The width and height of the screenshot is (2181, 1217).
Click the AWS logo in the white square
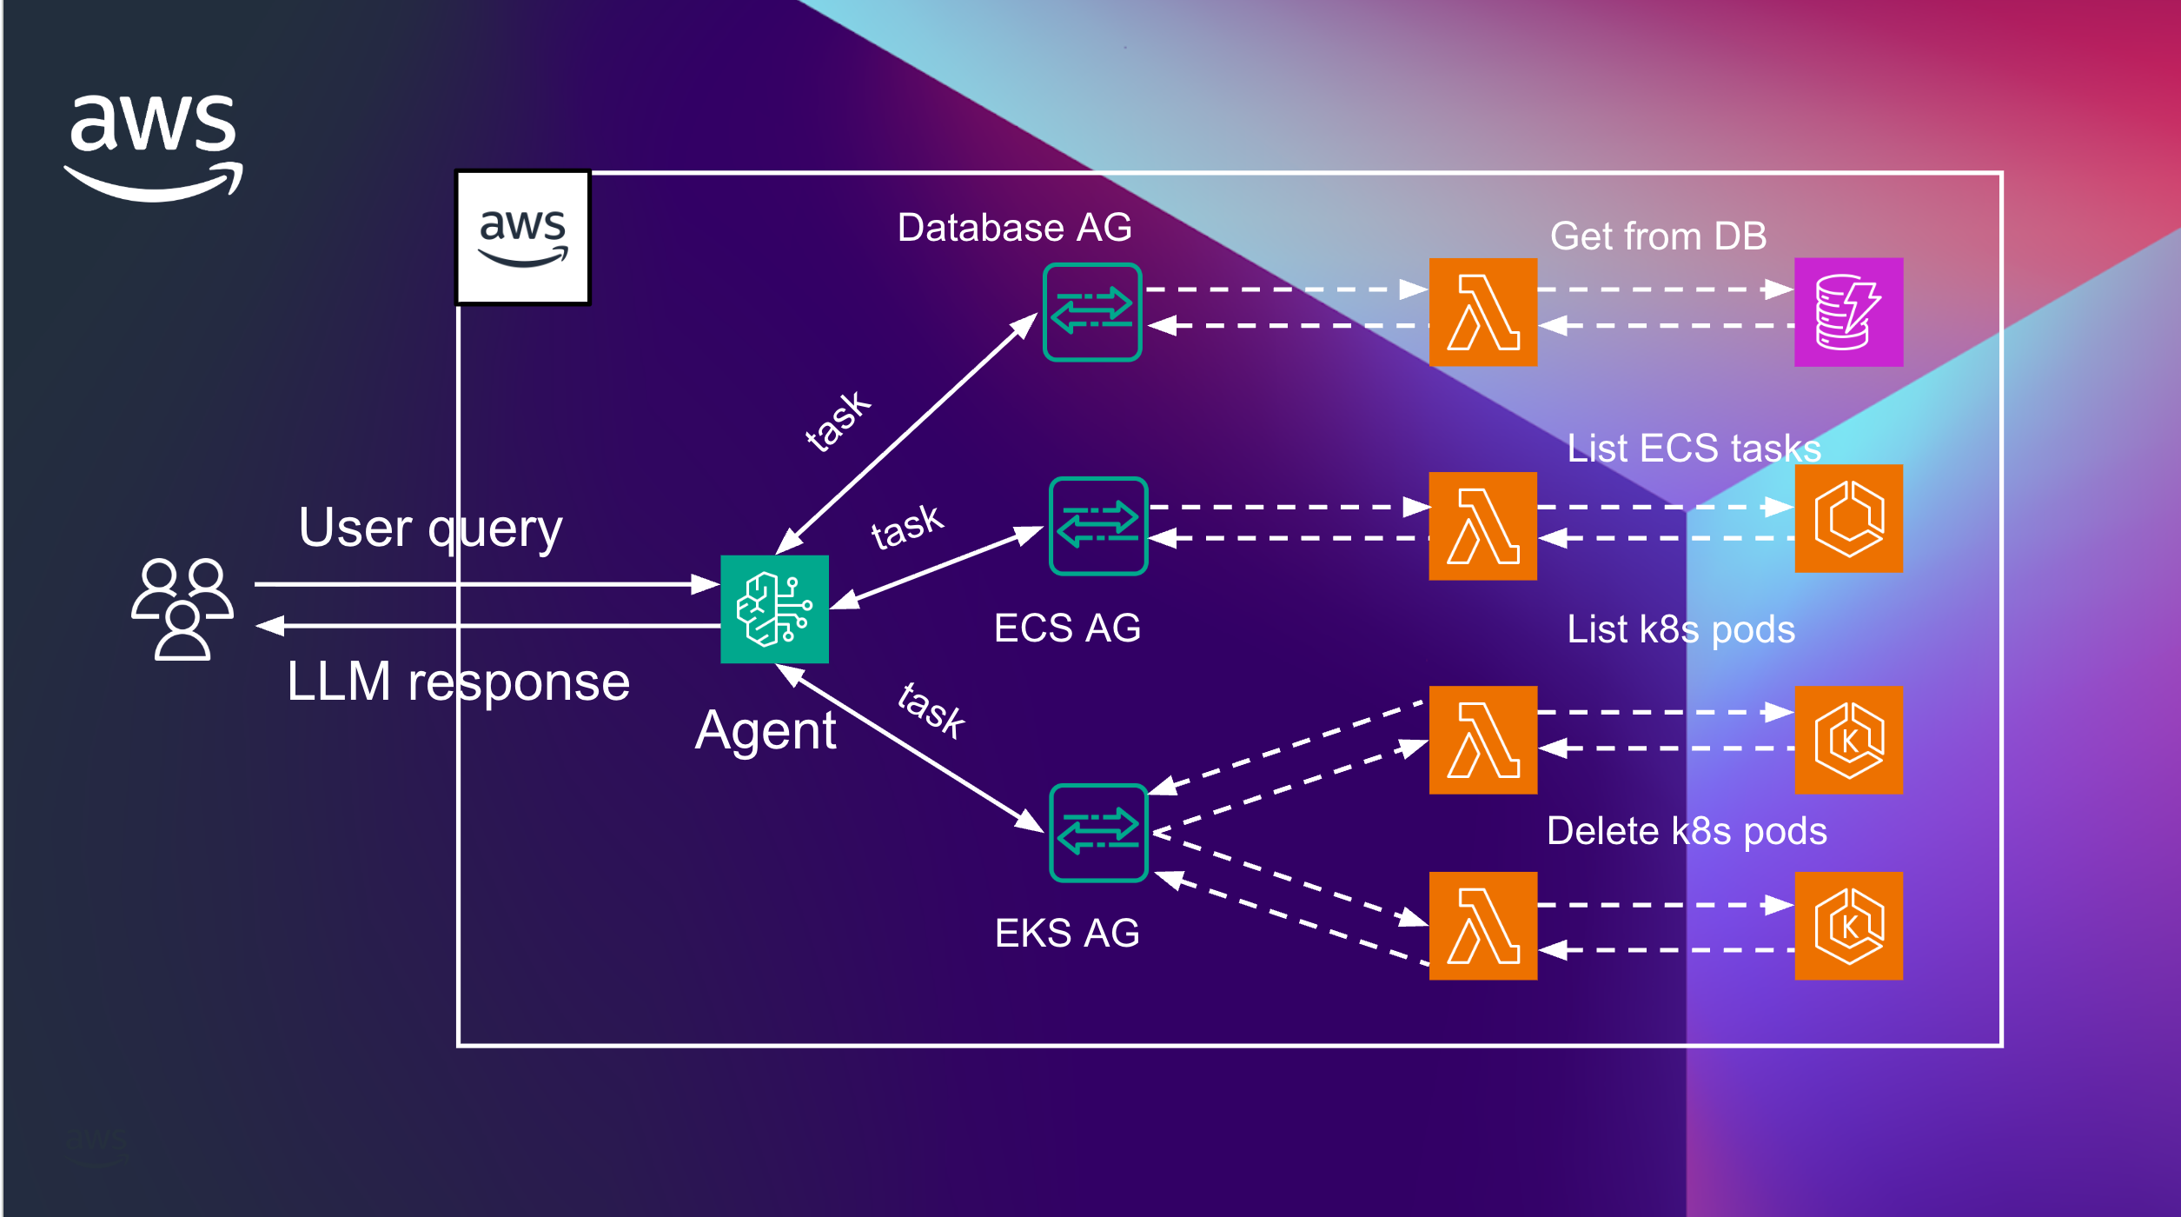point(523,237)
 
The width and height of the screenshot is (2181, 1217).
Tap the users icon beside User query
point(182,608)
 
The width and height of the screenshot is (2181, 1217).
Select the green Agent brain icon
point(774,608)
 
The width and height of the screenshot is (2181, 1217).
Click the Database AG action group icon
point(1091,312)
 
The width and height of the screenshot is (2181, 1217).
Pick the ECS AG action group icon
point(1098,526)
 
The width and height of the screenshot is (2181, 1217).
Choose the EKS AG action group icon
point(1098,833)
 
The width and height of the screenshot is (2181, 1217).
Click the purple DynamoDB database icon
point(1848,312)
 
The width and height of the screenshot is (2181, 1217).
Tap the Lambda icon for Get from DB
point(1482,312)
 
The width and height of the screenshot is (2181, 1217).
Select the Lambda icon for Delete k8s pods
point(1482,926)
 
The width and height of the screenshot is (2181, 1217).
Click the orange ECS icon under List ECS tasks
point(1848,519)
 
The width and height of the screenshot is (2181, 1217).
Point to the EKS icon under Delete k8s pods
point(1848,926)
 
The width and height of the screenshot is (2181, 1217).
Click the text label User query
point(430,528)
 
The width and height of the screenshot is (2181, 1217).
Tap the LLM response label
point(458,682)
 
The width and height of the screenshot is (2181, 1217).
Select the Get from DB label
point(1658,236)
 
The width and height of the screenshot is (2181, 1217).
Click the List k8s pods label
point(1680,629)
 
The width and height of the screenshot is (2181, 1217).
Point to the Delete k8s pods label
point(1687,831)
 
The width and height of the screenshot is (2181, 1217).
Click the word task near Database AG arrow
point(837,421)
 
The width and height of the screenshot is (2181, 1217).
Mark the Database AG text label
point(1014,228)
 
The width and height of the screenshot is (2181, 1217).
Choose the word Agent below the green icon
point(766,730)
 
